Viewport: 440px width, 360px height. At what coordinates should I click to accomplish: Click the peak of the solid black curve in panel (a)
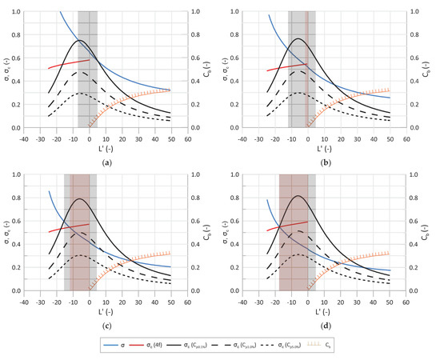point(81,40)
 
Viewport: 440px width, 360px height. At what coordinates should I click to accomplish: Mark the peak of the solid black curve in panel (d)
point(298,196)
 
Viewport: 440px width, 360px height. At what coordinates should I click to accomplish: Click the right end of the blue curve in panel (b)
point(390,98)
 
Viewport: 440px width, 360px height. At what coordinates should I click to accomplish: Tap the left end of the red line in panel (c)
point(49,233)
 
